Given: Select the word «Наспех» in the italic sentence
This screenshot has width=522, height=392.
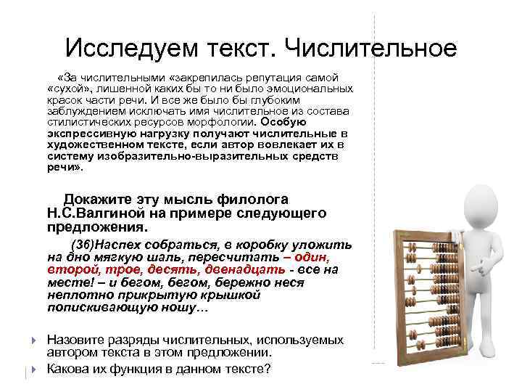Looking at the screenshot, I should click(x=120, y=244).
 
